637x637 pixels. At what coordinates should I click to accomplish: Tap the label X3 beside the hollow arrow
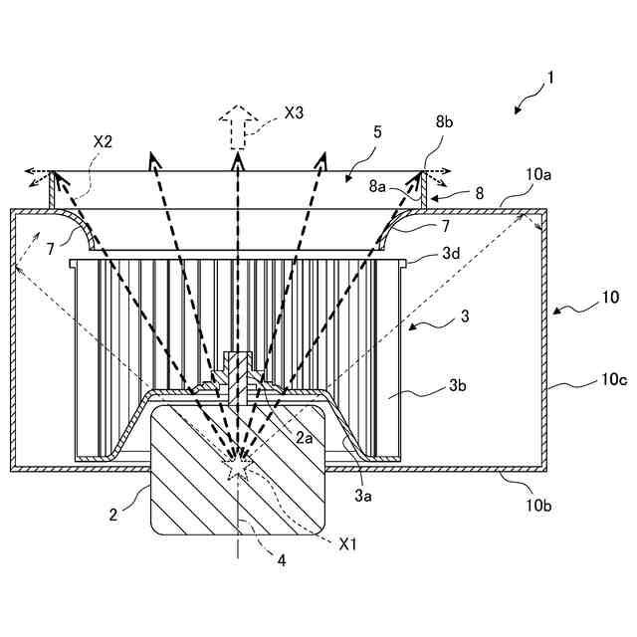(294, 113)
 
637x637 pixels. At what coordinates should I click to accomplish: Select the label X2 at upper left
(103, 141)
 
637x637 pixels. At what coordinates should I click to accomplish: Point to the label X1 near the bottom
(348, 544)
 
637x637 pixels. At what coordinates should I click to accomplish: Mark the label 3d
(449, 254)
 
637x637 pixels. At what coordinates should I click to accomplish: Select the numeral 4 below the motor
(282, 560)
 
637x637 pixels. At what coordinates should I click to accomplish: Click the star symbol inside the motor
(238, 462)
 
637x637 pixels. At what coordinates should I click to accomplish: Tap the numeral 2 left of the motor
(113, 514)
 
